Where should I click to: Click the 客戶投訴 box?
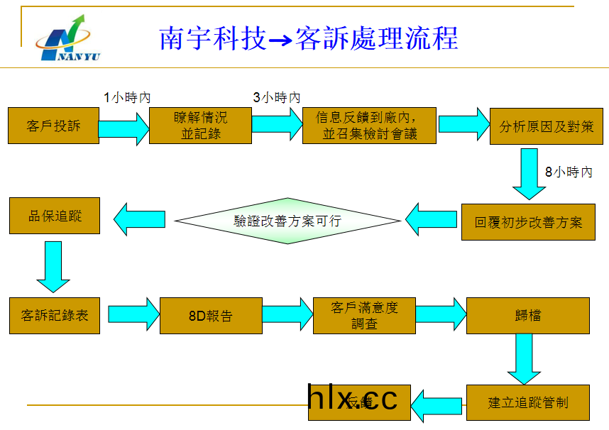click(53, 126)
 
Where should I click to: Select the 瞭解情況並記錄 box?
click(200, 126)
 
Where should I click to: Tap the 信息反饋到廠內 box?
click(369, 126)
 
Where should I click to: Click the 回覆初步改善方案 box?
click(528, 222)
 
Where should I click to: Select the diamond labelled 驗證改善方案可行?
click(287, 221)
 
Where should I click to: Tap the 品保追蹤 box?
click(55, 216)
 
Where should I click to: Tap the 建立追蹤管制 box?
click(528, 403)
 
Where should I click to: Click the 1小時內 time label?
click(127, 97)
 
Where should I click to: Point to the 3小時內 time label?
click(277, 97)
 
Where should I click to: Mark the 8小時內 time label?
click(569, 172)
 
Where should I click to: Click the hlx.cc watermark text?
click(353, 399)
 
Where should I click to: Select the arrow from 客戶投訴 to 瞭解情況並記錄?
click(125, 128)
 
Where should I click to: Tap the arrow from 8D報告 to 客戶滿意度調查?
click(287, 314)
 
